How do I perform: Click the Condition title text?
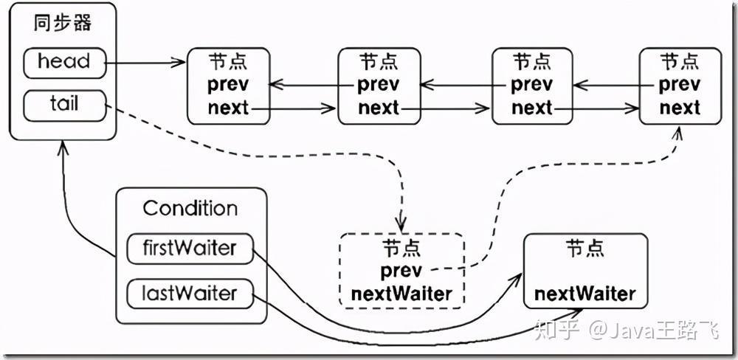[190, 209]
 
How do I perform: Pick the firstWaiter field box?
[190, 248]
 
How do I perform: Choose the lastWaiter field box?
[190, 294]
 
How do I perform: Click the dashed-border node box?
[401, 271]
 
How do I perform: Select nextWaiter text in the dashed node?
[401, 294]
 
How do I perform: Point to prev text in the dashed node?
[401, 271]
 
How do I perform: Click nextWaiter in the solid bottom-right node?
[585, 294]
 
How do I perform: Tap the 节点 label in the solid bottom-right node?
[585, 248]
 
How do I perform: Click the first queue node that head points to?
[229, 85]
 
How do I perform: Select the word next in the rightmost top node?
[680, 108]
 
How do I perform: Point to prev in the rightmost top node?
[680, 85]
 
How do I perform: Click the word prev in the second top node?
[379, 85]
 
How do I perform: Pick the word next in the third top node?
[532, 108]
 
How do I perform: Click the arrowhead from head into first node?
[179, 63]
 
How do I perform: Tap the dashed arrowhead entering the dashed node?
[401, 225]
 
